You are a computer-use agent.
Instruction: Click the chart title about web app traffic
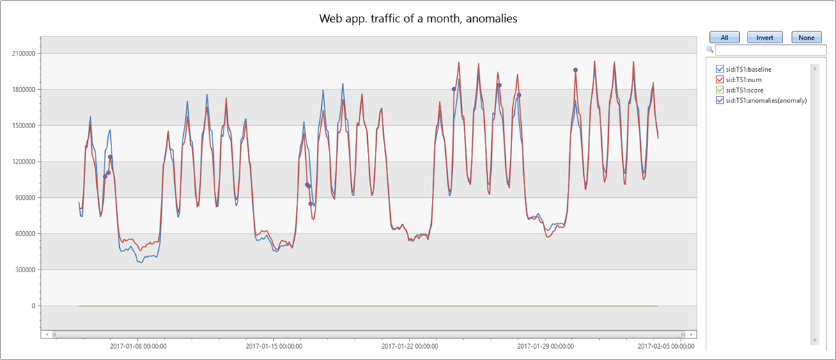click(418, 19)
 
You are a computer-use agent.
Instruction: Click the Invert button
click(764, 38)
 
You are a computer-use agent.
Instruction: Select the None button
click(806, 38)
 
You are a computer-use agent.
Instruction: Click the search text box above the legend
click(761, 50)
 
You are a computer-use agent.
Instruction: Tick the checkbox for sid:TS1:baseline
click(720, 69)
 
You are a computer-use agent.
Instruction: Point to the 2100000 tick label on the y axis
click(23, 54)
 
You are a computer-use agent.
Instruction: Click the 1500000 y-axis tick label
click(23, 126)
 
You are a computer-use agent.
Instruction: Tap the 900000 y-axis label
click(25, 198)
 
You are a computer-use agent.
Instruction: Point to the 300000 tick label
click(25, 270)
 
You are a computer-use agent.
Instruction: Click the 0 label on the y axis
click(33, 306)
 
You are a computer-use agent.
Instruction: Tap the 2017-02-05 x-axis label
click(666, 345)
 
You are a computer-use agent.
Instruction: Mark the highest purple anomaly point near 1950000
click(575, 70)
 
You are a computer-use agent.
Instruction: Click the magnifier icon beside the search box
click(710, 50)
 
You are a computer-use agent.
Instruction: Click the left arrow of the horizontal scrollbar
click(47, 334)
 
